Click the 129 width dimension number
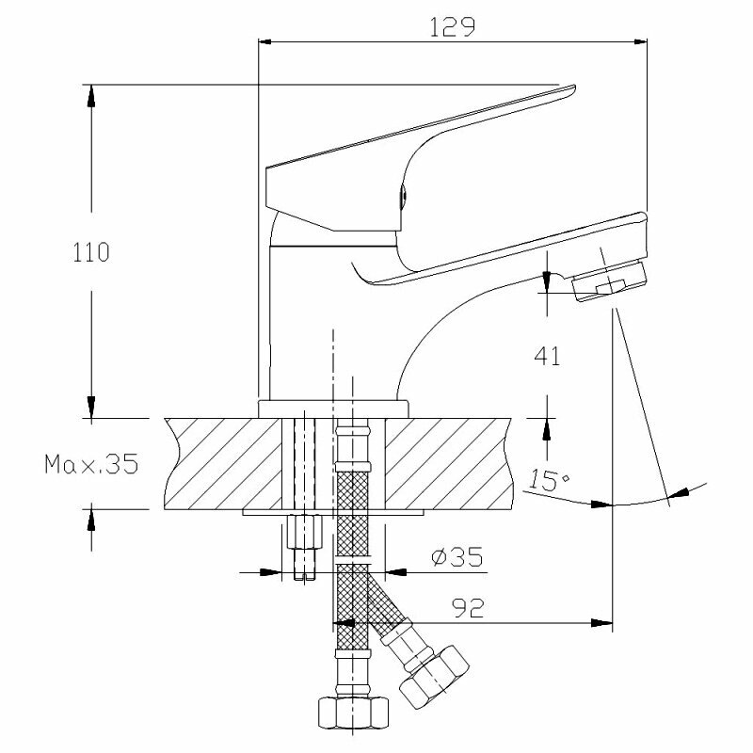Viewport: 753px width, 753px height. (452, 27)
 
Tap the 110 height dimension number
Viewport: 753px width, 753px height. (90, 252)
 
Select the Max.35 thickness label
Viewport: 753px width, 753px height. (91, 464)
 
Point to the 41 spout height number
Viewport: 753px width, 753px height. (547, 357)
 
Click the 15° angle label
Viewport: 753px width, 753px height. (549, 479)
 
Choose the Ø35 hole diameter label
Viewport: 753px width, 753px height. (457, 557)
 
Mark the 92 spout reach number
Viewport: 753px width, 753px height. (468, 609)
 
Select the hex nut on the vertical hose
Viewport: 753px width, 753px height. (353, 713)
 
